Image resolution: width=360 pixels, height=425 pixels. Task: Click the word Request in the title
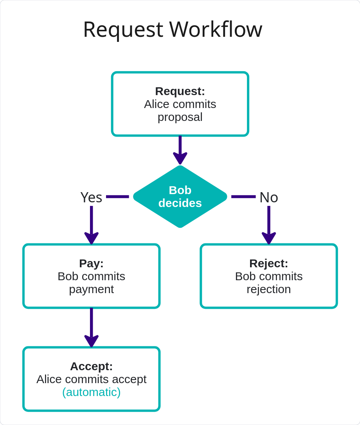[123, 30]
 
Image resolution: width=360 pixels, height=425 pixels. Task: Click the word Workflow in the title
[216, 30]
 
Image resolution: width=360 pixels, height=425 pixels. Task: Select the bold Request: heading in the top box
[180, 91]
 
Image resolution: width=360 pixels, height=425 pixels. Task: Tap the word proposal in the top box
[180, 117]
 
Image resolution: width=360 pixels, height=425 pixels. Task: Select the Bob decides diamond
[180, 196]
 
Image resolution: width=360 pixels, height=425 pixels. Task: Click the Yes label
[91, 197]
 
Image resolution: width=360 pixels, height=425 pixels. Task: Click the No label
[269, 197]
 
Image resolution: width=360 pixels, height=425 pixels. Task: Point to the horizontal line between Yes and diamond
[117, 196]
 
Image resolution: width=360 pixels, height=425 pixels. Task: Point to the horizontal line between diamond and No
[243, 196]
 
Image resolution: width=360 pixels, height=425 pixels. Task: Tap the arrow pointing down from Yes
[91, 225]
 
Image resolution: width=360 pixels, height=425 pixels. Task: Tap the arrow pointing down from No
[269, 225]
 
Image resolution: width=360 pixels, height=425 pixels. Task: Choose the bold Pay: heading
[91, 263]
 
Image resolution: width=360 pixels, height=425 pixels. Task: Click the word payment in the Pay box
[91, 289]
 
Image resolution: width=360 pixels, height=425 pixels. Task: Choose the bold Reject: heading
[269, 263]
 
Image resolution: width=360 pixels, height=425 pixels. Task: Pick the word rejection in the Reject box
[269, 289]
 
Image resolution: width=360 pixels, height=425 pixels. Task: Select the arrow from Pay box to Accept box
[91, 327]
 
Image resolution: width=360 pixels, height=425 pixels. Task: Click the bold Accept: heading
[91, 366]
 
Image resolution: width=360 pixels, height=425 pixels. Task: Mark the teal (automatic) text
[91, 392]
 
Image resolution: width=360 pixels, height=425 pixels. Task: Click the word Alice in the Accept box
[49, 379]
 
